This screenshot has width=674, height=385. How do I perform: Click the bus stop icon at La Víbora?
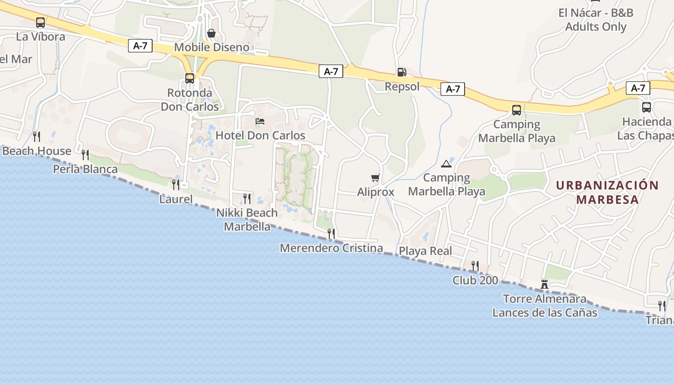(40, 22)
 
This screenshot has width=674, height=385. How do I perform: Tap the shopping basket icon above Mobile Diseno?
(211, 33)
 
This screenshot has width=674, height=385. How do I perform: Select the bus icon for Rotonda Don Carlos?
(190, 78)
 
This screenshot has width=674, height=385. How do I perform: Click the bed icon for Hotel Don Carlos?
(260, 121)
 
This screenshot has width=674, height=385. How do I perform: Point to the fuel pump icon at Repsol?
(402, 72)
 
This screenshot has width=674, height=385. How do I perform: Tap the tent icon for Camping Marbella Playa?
(446, 164)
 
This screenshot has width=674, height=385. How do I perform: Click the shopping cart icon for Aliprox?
(376, 178)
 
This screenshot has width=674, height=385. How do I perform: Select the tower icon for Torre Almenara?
(544, 284)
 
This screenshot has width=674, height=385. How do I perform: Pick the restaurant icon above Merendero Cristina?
(331, 234)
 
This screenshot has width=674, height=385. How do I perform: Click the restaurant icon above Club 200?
(475, 266)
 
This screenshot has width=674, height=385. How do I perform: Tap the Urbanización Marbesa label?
(607, 192)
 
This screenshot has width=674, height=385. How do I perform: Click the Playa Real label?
(426, 251)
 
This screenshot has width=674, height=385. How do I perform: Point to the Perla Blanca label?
(85, 169)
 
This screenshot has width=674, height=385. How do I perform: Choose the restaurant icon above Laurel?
(176, 184)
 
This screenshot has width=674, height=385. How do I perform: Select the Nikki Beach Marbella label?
(247, 219)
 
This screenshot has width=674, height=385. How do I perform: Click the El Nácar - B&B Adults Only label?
(596, 20)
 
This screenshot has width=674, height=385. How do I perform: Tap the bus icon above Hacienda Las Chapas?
(646, 107)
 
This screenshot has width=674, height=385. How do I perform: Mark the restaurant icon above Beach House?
(37, 137)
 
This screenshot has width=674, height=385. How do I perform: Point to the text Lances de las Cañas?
(544, 313)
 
